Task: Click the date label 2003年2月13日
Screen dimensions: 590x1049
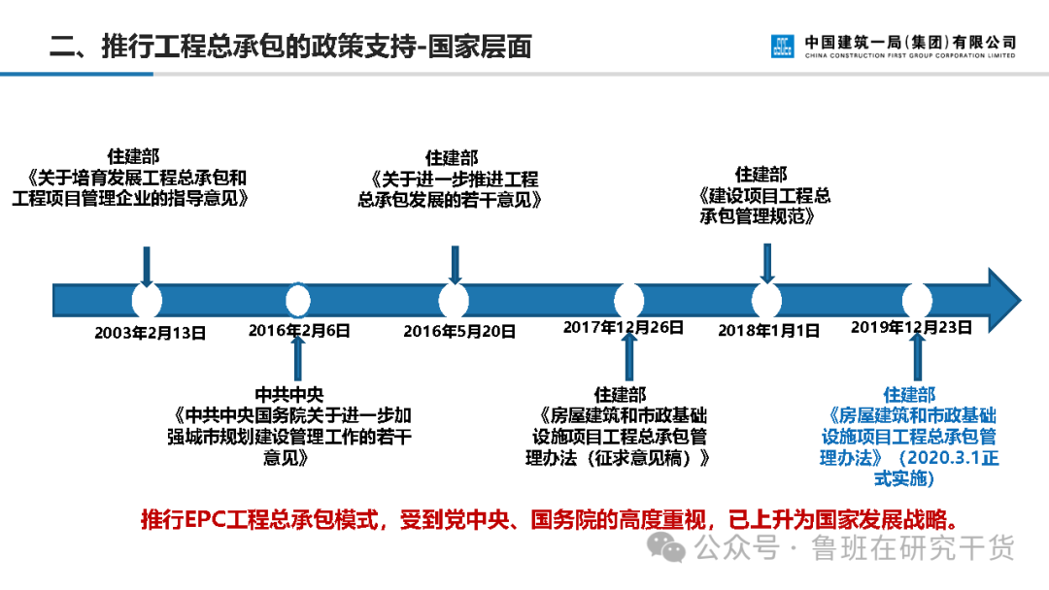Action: [150, 332]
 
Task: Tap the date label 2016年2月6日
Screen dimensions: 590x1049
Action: [298, 330]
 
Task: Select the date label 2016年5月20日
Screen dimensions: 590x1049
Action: [459, 331]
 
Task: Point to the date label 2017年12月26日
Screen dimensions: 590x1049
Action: [623, 327]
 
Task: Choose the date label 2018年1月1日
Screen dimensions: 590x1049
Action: [768, 330]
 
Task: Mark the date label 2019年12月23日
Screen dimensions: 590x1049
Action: [910, 327]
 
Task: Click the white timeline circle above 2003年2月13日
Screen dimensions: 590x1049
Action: [147, 299]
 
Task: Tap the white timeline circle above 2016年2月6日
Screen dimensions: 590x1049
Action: [298, 299]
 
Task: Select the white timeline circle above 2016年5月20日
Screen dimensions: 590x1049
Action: [454, 299]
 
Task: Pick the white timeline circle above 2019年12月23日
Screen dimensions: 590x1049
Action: [917, 299]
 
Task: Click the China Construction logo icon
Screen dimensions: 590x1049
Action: [782, 46]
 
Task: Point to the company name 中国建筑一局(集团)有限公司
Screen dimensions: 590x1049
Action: [909, 42]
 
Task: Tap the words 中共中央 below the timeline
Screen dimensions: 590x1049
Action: [288, 395]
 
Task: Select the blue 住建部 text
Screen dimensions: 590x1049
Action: [909, 395]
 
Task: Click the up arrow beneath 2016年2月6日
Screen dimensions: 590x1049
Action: [297, 356]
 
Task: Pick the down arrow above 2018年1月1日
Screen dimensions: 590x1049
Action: [766, 262]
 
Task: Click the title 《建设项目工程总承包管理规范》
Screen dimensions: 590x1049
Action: [764, 206]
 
